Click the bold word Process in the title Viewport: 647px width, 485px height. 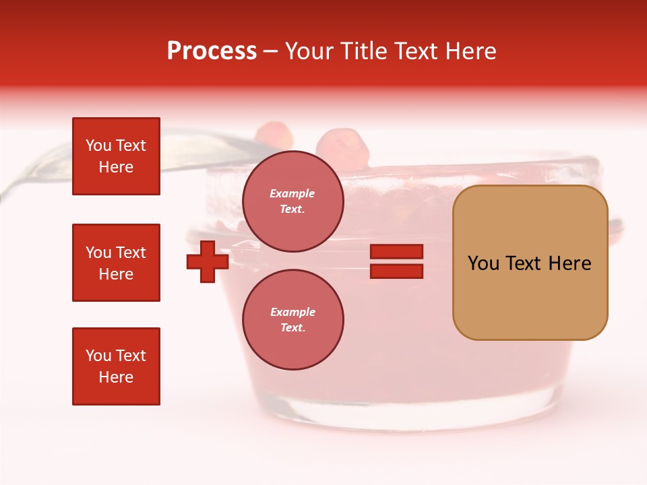pos(212,51)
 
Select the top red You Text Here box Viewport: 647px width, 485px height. pos(116,156)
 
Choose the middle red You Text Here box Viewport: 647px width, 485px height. pos(116,263)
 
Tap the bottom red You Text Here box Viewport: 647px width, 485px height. pos(116,366)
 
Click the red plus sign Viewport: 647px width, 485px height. pos(208,261)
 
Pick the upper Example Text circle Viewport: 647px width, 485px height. pos(292,201)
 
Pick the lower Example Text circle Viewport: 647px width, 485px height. pos(292,319)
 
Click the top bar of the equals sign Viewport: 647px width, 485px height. pos(396,252)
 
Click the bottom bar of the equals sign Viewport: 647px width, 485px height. pos(396,271)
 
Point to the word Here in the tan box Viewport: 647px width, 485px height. pos(569,263)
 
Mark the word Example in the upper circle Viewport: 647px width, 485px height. pos(292,193)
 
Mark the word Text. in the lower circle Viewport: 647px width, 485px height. pos(292,327)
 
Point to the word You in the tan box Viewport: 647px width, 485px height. pos(483,263)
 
